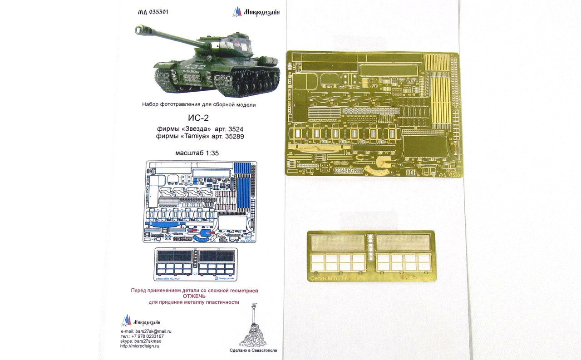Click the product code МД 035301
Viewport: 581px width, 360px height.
click(153, 12)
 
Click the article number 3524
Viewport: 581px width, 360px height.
click(233, 128)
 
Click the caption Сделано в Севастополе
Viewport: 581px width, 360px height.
click(254, 351)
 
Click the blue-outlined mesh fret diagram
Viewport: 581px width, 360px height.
click(195, 263)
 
